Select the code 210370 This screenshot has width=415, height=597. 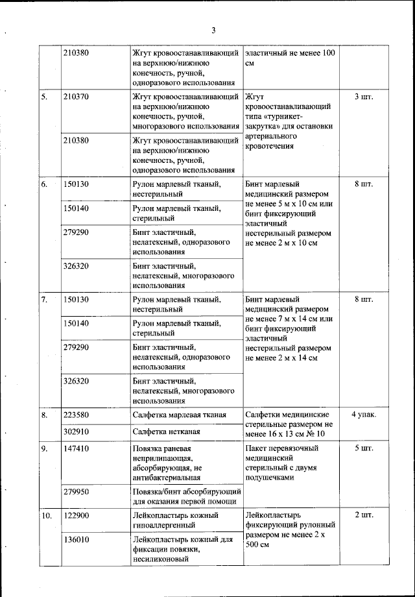[x=77, y=97]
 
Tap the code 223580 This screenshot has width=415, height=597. [x=77, y=415]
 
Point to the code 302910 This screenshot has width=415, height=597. [x=77, y=430]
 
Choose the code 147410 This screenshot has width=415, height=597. [x=77, y=448]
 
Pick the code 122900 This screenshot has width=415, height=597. [x=77, y=515]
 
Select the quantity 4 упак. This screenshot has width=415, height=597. [x=364, y=415]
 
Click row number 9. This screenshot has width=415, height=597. [x=45, y=448]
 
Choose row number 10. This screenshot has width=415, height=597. [x=47, y=515]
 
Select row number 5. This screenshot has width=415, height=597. [x=45, y=97]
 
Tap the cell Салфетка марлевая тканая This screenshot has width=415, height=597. [x=179, y=415]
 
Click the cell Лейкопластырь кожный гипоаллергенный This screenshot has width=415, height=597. [x=175, y=520]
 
